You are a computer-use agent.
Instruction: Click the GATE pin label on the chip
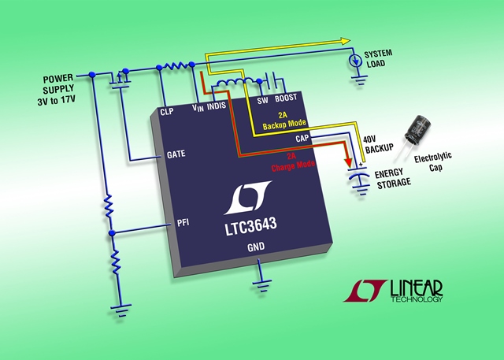(x=176, y=154)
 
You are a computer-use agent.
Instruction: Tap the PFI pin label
(x=183, y=222)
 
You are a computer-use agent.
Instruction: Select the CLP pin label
(x=167, y=112)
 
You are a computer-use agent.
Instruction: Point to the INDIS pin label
(x=217, y=106)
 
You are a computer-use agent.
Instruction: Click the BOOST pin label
(x=286, y=98)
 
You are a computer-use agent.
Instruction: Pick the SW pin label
(x=262, y=101)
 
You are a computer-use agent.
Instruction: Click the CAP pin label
(x=302, y=139)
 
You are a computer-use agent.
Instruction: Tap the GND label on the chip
(x=256, y=247)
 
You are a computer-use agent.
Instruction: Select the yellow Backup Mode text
(x=284, y=124)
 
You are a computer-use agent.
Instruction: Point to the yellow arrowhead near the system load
(x=346, y=41)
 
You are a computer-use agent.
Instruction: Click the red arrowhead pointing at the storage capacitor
(x=348, y=161)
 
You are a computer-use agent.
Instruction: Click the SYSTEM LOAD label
(x=378, y=58)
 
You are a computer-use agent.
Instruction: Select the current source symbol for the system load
(x=355, y=61)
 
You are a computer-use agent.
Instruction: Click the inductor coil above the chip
(x=235, y=83)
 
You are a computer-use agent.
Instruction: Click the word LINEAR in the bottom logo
(x=417, y=288)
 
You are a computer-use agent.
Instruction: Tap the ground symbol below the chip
(x=262, y=286)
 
